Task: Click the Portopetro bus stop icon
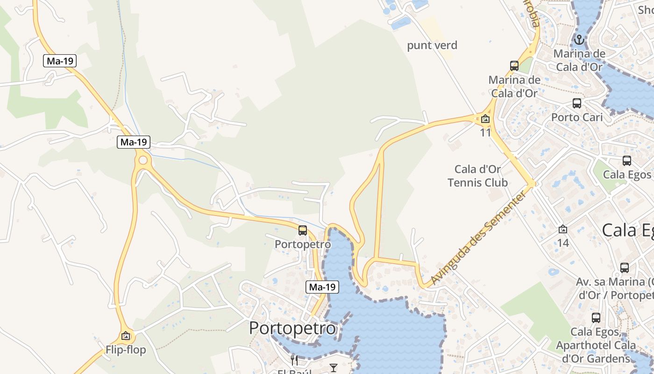coord(303,230)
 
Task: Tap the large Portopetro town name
coord(292,328)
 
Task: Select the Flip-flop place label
coord(126,350)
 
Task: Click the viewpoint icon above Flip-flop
coord(125,336)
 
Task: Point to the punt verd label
coord(432,45)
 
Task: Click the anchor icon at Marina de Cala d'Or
coord(579,40)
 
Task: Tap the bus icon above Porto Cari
coord(577,103)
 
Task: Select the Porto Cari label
coord(577,117)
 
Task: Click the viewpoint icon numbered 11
coord(485,119)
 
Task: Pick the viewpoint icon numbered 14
coord(563,230)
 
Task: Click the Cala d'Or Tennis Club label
coord(477,175)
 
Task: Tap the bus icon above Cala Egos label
coord(627,161)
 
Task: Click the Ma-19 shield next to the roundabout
coord(134,142)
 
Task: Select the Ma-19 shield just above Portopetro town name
coord(322,287)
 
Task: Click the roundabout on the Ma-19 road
coord(143,161)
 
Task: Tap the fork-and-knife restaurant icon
coord(294,360)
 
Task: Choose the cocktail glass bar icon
coord(333,368)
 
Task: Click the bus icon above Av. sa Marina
coord(624,268)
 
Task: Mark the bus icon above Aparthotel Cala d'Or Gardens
coord(596,318)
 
